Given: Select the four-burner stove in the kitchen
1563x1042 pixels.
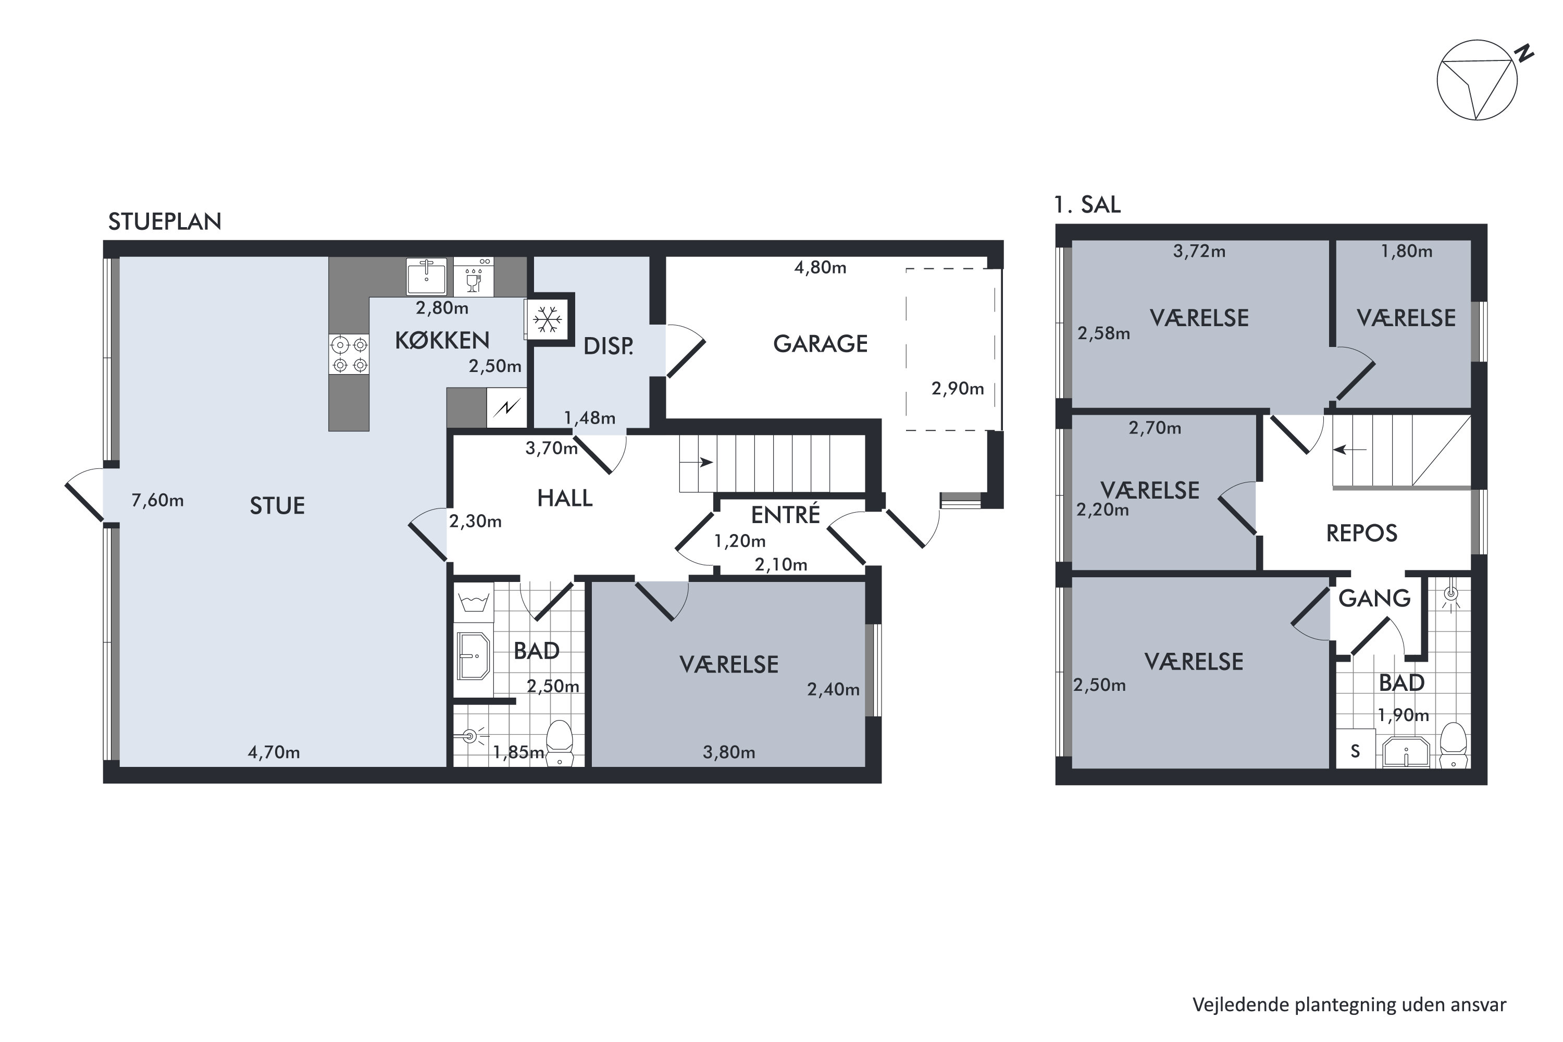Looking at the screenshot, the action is click(x=350, y=354).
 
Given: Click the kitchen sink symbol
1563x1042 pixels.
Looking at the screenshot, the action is click(x=426, y=275).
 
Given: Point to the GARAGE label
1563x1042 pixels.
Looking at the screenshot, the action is click(x=820, y=343).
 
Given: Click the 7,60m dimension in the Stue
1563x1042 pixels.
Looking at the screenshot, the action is click(x=157, y=500).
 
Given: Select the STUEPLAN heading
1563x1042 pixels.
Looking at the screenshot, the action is click(x=165, y=221).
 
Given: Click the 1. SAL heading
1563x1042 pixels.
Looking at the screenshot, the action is click(x=1087, y=204).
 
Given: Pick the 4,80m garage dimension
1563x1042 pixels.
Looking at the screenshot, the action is click(x=820, y=268).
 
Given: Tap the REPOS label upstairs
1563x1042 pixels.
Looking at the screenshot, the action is click(x=1362, y=533).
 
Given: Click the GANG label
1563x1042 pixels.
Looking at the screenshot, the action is click(x=1374, y=598).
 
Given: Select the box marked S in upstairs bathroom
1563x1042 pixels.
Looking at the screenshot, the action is click(x=1356, y=751).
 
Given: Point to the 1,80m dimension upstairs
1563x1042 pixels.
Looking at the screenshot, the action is click(x=1406, y=251).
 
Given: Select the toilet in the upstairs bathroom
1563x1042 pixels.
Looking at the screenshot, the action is click(x=1454, y=746).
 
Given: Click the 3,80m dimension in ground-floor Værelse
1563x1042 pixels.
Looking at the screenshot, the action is click(x=729, y=752).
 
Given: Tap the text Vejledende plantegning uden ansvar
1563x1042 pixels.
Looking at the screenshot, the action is click(x=1349, y=1005).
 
